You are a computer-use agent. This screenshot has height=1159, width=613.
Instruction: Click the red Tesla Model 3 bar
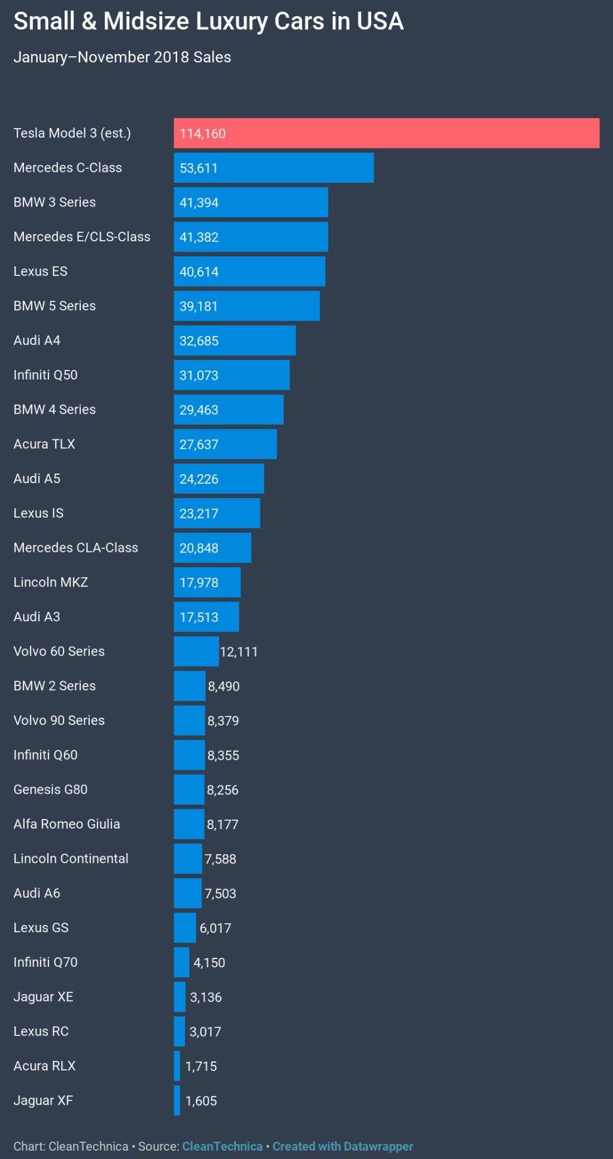coord(386,133)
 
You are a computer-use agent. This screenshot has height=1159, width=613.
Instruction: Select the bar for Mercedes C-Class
coord(274,168)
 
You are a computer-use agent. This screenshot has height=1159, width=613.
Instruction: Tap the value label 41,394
coord(199,203)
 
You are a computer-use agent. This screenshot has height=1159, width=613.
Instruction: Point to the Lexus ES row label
coord(40,271)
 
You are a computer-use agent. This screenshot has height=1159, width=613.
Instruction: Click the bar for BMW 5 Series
coord(247,306)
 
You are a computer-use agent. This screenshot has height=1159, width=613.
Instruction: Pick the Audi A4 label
coord(37,341)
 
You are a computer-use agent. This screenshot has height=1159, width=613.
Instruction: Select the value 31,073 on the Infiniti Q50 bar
coord(199,375)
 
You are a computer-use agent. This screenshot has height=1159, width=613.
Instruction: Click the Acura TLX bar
coord(225,444)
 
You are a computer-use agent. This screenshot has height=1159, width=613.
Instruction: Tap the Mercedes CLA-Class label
coord(75,548)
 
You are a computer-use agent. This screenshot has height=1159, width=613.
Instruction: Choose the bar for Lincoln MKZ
coord(207,582)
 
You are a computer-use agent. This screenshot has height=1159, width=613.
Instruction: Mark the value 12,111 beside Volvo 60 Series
coord(238,652)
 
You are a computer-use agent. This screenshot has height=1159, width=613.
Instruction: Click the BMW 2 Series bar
coord(189,686)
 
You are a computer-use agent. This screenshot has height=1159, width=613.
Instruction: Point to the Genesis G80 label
coord(50,790)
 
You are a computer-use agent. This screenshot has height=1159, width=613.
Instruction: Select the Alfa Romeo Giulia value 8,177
coord(222,824)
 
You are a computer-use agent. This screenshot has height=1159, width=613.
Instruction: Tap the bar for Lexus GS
coord(184,928)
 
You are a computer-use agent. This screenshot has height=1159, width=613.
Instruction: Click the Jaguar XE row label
coord(43,997)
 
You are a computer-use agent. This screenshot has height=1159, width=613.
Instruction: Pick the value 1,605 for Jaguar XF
coord(201,1101)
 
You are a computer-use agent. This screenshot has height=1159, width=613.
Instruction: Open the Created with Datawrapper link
coord(342,1146)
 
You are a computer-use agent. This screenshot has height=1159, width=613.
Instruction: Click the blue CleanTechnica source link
coord(222,1146)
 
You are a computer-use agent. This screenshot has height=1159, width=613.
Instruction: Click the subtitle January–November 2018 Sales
coord(122,57)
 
